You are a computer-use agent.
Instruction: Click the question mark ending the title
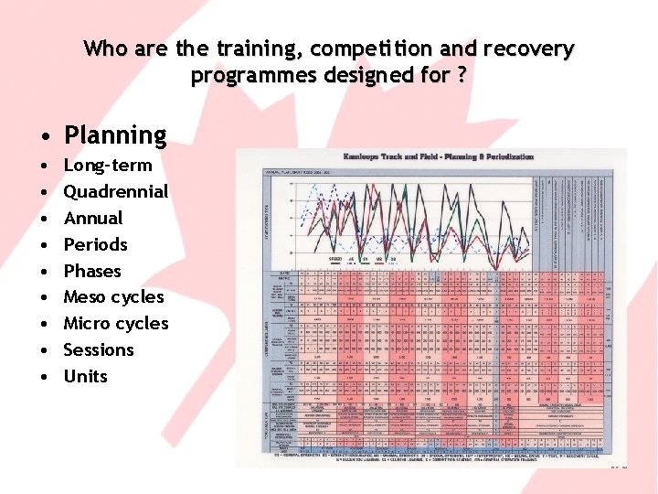(462, 75)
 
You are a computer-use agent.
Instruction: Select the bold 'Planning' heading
(115, 135)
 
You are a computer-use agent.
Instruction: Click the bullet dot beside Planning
(44, 137)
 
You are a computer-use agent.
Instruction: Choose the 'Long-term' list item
(108, 166)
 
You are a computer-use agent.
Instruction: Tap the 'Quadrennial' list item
(116, 192)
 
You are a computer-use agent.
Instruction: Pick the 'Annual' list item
(92, 219)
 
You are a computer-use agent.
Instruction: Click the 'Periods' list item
(95, 245)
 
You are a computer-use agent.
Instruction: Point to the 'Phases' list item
(92, 272)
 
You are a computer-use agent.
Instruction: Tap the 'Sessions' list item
(99, 350)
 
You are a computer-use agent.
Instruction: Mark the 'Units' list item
(85, 377)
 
